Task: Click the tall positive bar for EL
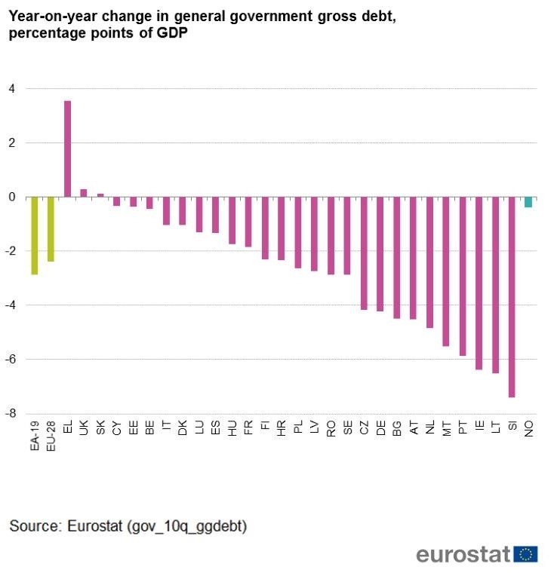point(67,149)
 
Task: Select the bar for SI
point(512,296)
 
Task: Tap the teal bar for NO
point(528,202)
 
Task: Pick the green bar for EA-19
point(35,235)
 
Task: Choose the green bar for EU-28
point(51,229)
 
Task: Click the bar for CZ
point(364,253)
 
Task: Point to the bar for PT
point(462,276)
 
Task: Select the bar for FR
point(248,222)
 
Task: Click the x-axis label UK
point(84,427)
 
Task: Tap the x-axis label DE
point(380,427)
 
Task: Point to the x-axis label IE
point(479,427)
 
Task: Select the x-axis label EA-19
point(35,436)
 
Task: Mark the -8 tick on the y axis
point(11,413)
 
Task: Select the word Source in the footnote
point(33,525)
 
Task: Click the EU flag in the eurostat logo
point(526,555)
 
